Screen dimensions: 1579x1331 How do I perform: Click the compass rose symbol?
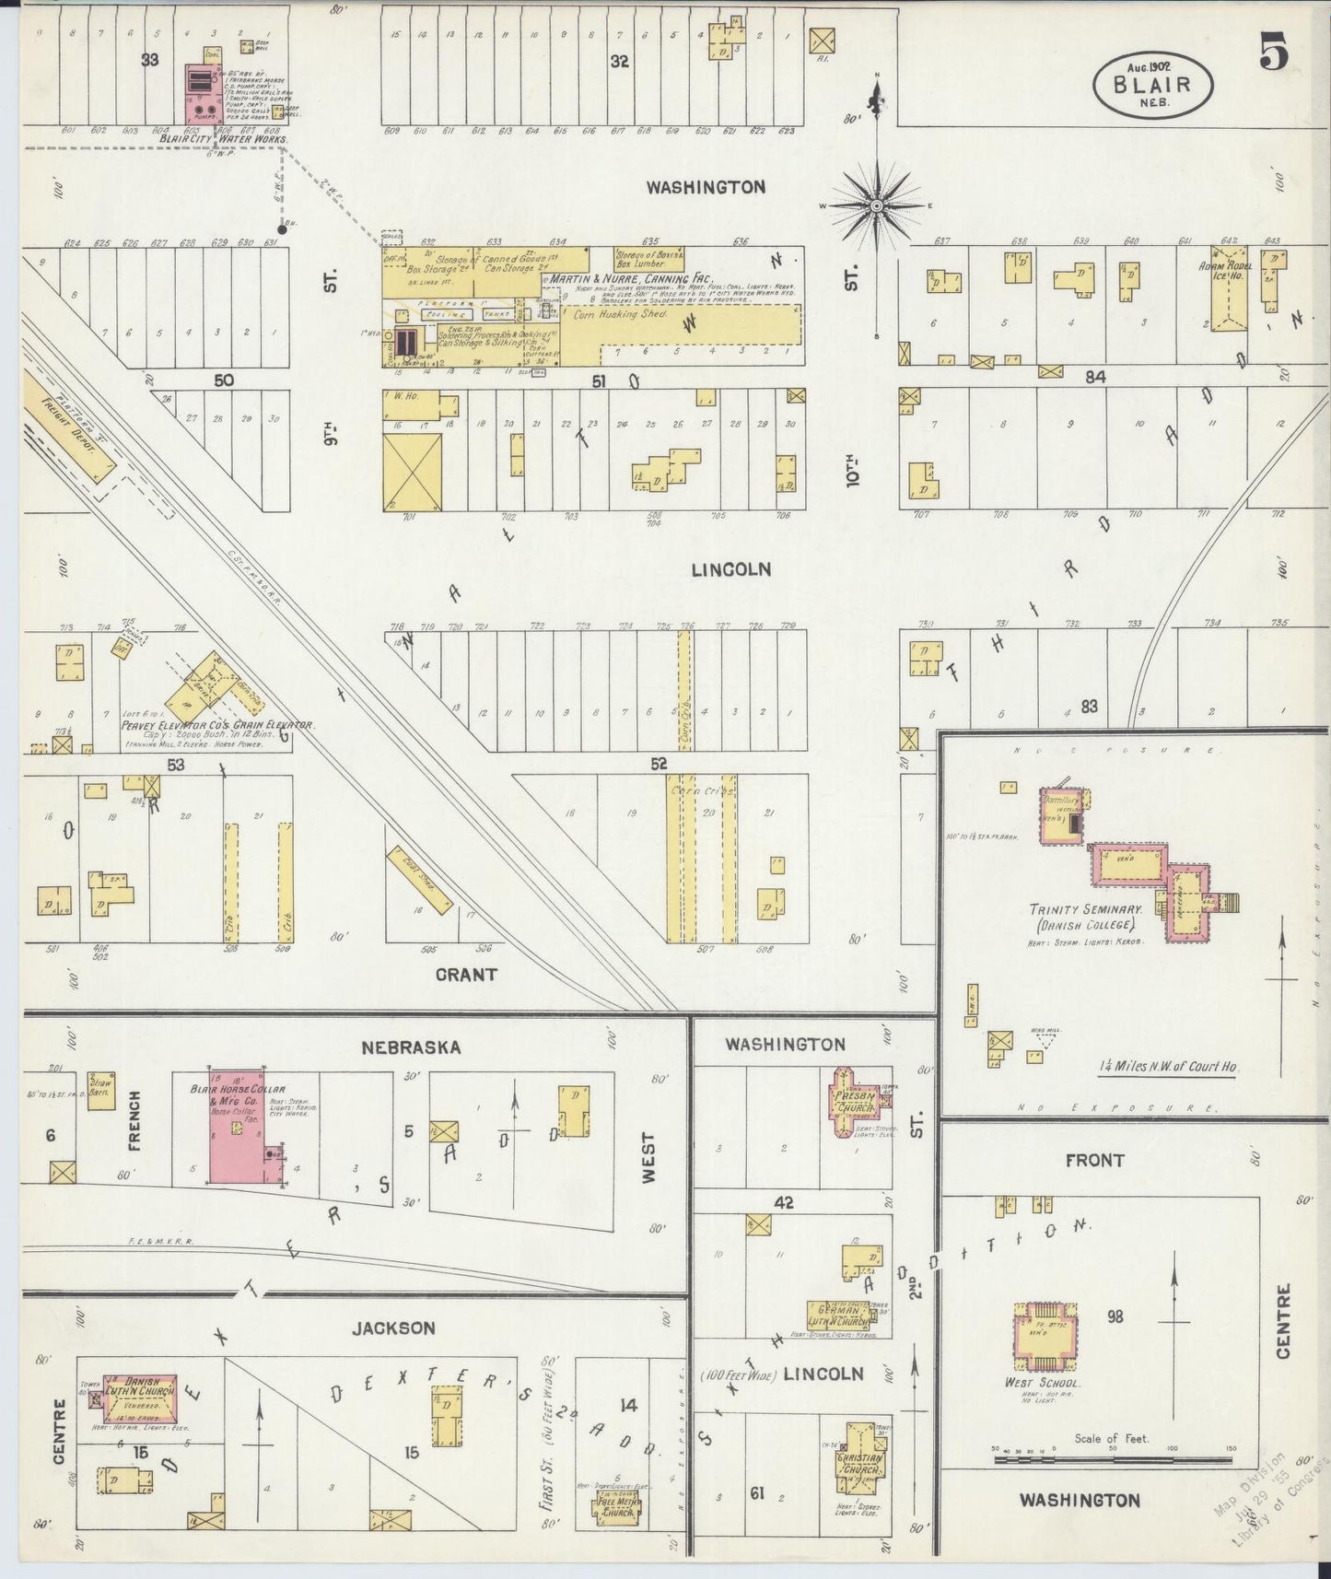tap(877, 205)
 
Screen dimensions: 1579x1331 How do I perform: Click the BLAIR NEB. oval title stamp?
tap(1152, 85)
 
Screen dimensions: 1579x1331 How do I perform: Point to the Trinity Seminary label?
tap(1086, 916)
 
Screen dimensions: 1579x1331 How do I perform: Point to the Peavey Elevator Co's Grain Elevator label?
tap(217, 725)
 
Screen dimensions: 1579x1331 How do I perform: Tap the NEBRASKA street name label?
tap(411, 1047)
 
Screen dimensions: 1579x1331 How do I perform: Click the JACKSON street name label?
tap(392, 1328)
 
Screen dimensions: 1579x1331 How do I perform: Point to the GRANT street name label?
tap(466, 974)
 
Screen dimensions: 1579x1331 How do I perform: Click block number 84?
tap(1093, 376)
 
